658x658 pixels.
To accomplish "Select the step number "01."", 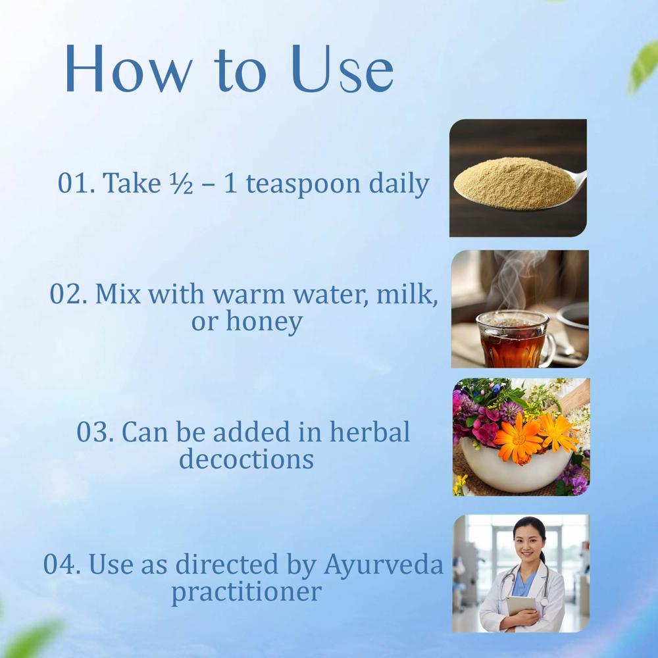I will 76,184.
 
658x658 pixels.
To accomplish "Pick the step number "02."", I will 68,293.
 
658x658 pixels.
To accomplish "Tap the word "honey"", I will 264,322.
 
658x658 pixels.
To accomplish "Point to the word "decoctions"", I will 246,459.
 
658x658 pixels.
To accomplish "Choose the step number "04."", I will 63,563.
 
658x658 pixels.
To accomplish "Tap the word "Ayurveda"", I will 384,565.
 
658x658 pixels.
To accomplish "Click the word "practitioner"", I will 246,591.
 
